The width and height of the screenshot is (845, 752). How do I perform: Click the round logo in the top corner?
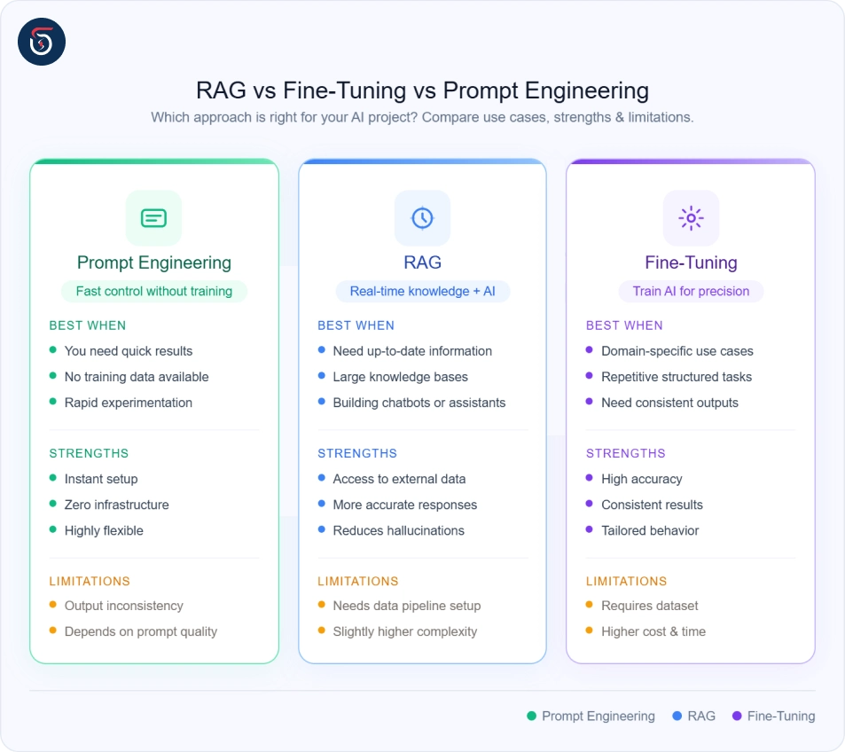coord(42,42)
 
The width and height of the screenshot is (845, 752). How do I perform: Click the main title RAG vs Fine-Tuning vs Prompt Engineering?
coord(422,90)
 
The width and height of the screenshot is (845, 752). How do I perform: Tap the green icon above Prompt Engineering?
coord(153,217)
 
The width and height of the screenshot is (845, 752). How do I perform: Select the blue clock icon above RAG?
coord(422,217)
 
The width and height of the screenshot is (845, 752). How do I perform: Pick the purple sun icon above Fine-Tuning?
coord(691,217)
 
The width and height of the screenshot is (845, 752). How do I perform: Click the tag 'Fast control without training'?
coord(153,291)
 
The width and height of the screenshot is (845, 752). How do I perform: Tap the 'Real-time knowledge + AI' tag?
coord(422,291)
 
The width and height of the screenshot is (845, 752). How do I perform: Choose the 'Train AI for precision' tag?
coord(691,291)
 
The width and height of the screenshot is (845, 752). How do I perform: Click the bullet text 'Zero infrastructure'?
coord(116,505)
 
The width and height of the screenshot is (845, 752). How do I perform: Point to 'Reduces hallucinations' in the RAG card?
coord(398,530)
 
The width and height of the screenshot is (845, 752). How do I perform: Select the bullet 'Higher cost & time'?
coord(653,631)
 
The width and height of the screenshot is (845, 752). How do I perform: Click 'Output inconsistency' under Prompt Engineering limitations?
coord(123,606)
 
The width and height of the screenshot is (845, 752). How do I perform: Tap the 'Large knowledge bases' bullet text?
coord(400,377)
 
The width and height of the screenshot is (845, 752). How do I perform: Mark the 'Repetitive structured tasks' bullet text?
coord(676,377)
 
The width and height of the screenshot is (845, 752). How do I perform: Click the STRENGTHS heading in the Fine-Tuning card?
coord(625,453)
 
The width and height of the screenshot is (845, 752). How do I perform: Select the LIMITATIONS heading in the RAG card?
coord(358,582)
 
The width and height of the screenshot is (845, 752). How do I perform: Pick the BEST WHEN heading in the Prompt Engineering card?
coord(88,325)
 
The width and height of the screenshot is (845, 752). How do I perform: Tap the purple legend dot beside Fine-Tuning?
coord(737,716)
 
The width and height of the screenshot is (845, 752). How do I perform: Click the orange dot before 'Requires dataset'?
coord(589,606)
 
